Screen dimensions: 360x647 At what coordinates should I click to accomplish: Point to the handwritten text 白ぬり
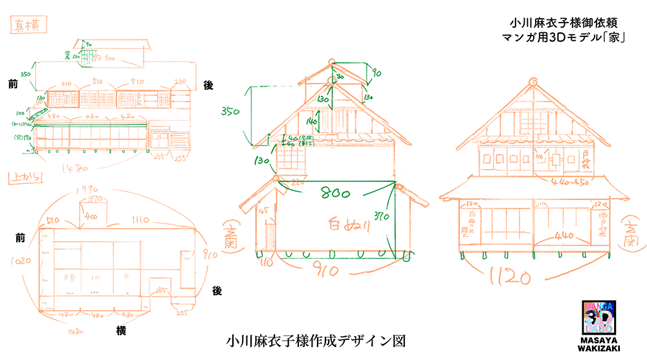point(345,225)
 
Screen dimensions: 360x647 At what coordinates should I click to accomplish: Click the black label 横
point(120,331)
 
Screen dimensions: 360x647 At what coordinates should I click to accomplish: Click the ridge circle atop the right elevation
point(534,82)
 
